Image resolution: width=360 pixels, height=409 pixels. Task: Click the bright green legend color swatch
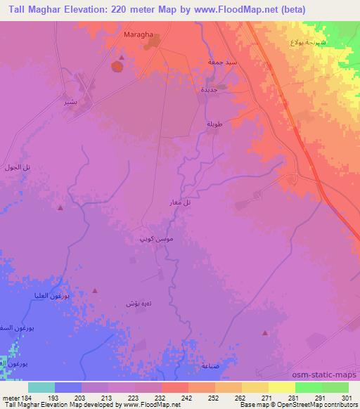(309, 387)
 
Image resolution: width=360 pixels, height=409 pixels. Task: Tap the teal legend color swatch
(41, 387)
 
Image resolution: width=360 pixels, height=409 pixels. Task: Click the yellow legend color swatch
(282, 387)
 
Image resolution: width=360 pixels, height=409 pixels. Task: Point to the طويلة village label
(214, 124)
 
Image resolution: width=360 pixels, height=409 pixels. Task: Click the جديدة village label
(209, 90)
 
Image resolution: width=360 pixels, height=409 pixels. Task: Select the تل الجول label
(27, 167)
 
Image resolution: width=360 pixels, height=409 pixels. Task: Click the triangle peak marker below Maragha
(122, 58)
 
